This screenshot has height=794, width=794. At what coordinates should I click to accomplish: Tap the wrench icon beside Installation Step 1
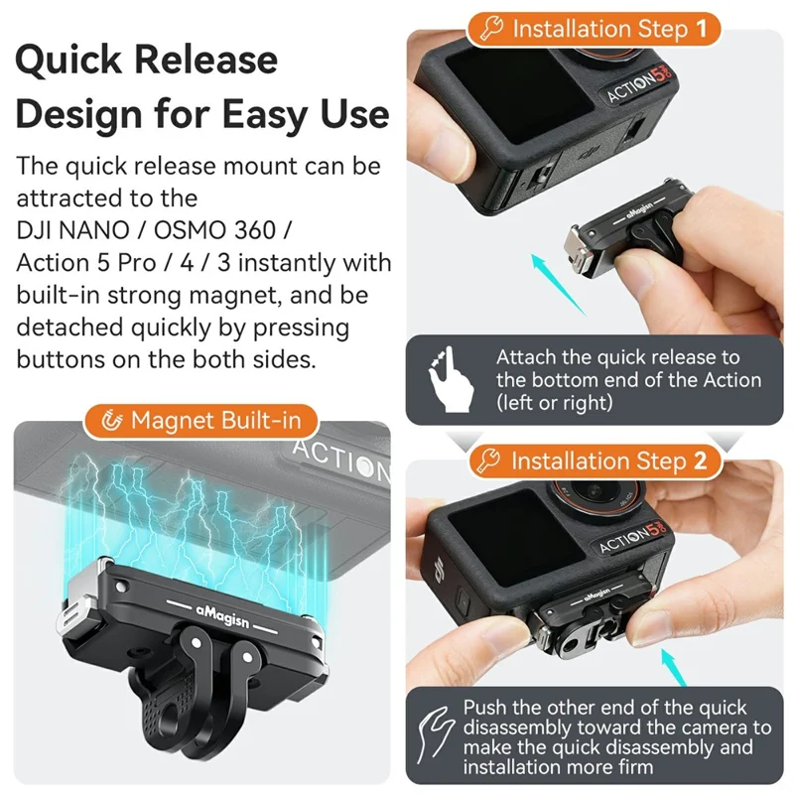point(491,29)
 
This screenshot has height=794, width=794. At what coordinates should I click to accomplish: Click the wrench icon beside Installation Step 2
point(490,462)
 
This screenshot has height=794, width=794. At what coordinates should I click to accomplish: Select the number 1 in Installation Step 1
point(702,29)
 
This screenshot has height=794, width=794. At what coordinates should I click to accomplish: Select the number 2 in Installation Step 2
point(701,462)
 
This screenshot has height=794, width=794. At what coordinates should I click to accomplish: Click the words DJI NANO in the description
point(74,230)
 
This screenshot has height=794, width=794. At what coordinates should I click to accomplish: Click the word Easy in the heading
point(272,113)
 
